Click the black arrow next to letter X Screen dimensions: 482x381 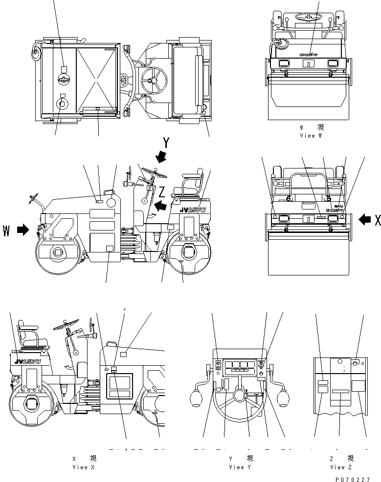click(364, 220)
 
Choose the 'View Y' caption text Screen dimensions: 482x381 click(240, 467)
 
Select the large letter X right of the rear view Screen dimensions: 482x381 click(378, 221)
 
